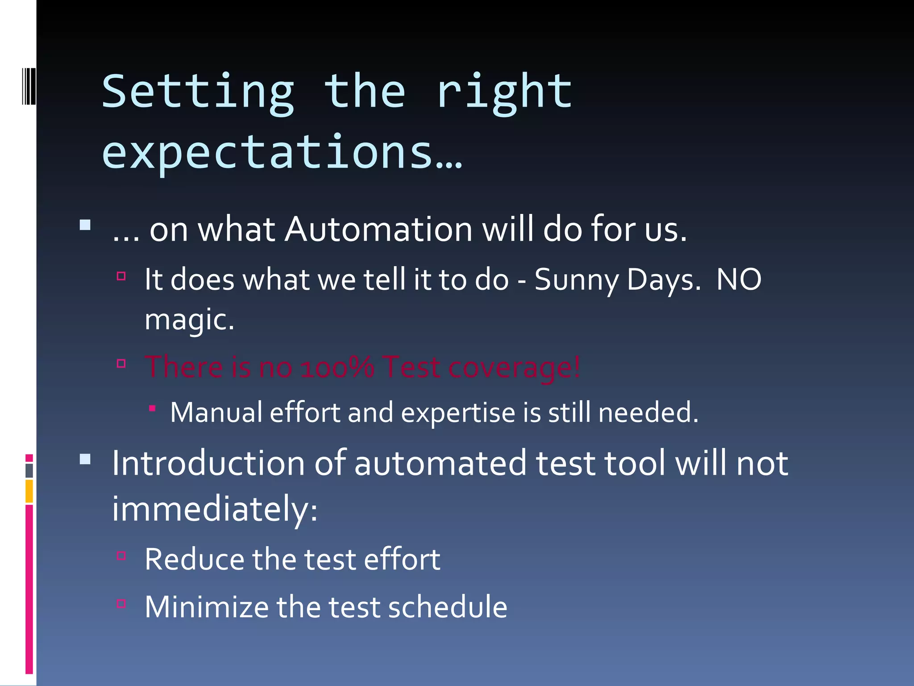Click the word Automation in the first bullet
(378, 230)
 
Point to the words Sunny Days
(617, 280)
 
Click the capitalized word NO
(739, 280)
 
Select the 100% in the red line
(337, 367)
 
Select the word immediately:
(215, 510)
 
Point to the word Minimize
(207, 607)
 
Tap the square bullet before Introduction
(85, 460)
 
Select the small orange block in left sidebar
(29, 491)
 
